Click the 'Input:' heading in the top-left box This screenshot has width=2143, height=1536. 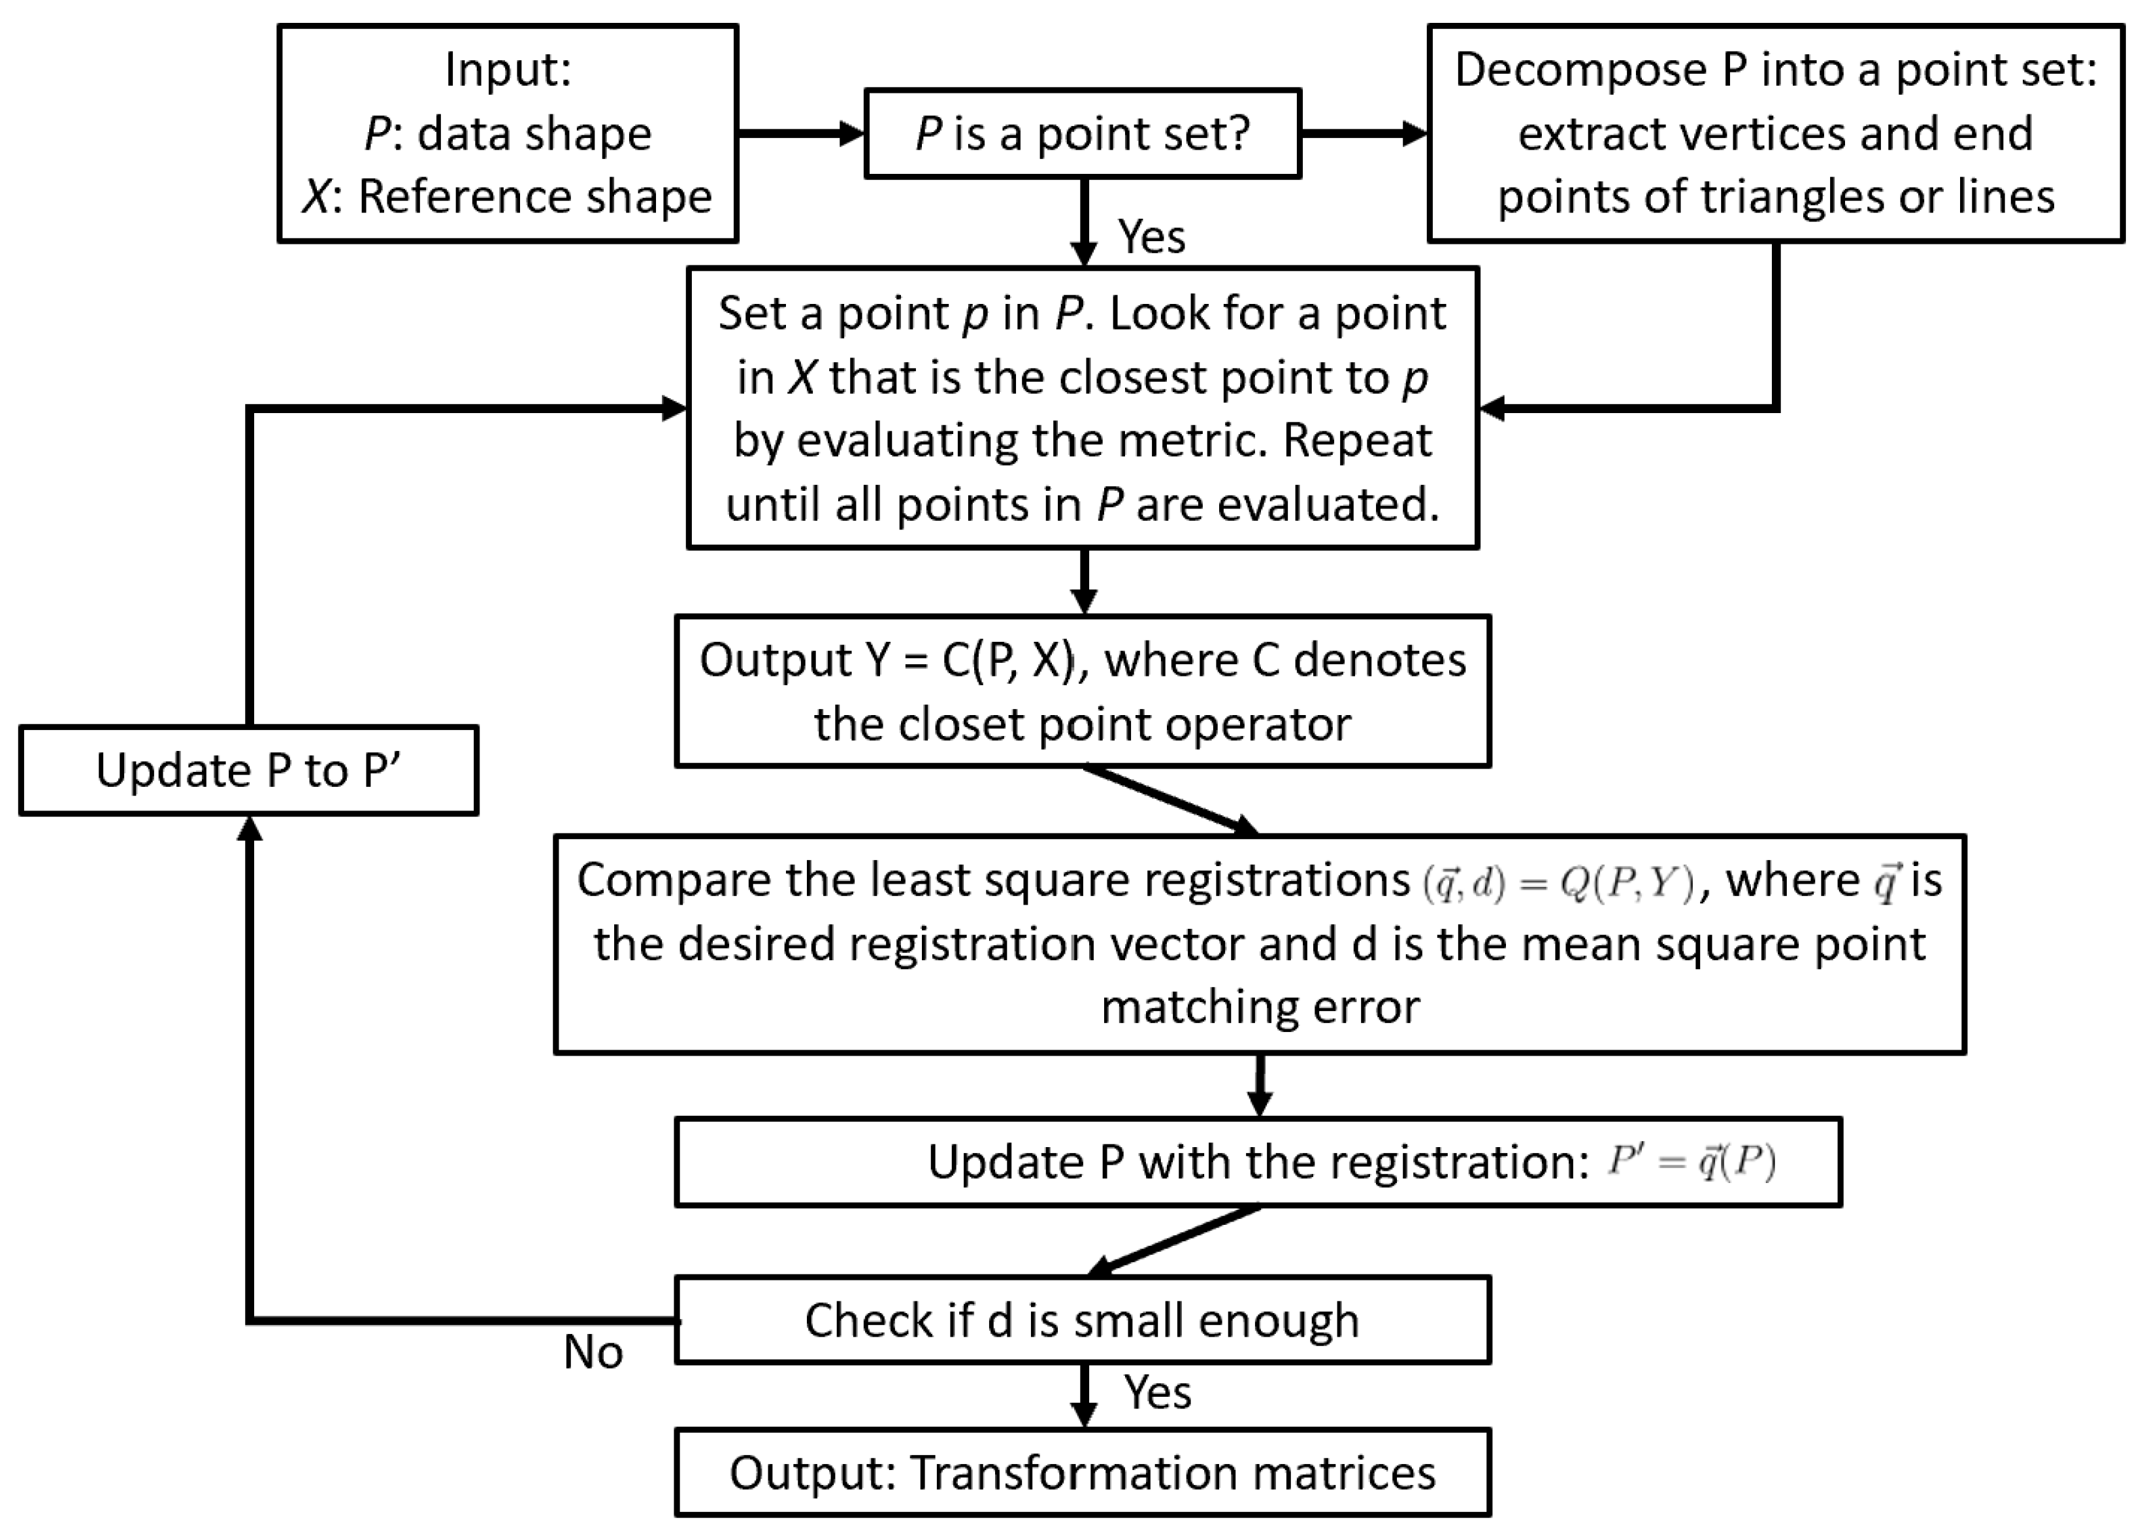(x=508, y=70)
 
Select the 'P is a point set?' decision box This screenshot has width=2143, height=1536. (x=1082, y=133)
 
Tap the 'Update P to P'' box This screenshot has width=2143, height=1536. (x=248, y=771)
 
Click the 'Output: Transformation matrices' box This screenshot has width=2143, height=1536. (x=1082, y=1473)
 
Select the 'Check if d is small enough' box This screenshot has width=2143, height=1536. (x=1082, y=1320)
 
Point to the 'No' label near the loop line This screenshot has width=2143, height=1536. (x=593, y=1352)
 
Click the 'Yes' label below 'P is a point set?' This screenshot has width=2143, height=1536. (x=1151, y=237)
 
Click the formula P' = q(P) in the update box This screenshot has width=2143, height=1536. (x=1692, y=1161)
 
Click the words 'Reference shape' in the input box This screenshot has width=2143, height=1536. (x=535, y=197)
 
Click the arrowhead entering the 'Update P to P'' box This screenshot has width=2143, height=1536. (x=248, y=828)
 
